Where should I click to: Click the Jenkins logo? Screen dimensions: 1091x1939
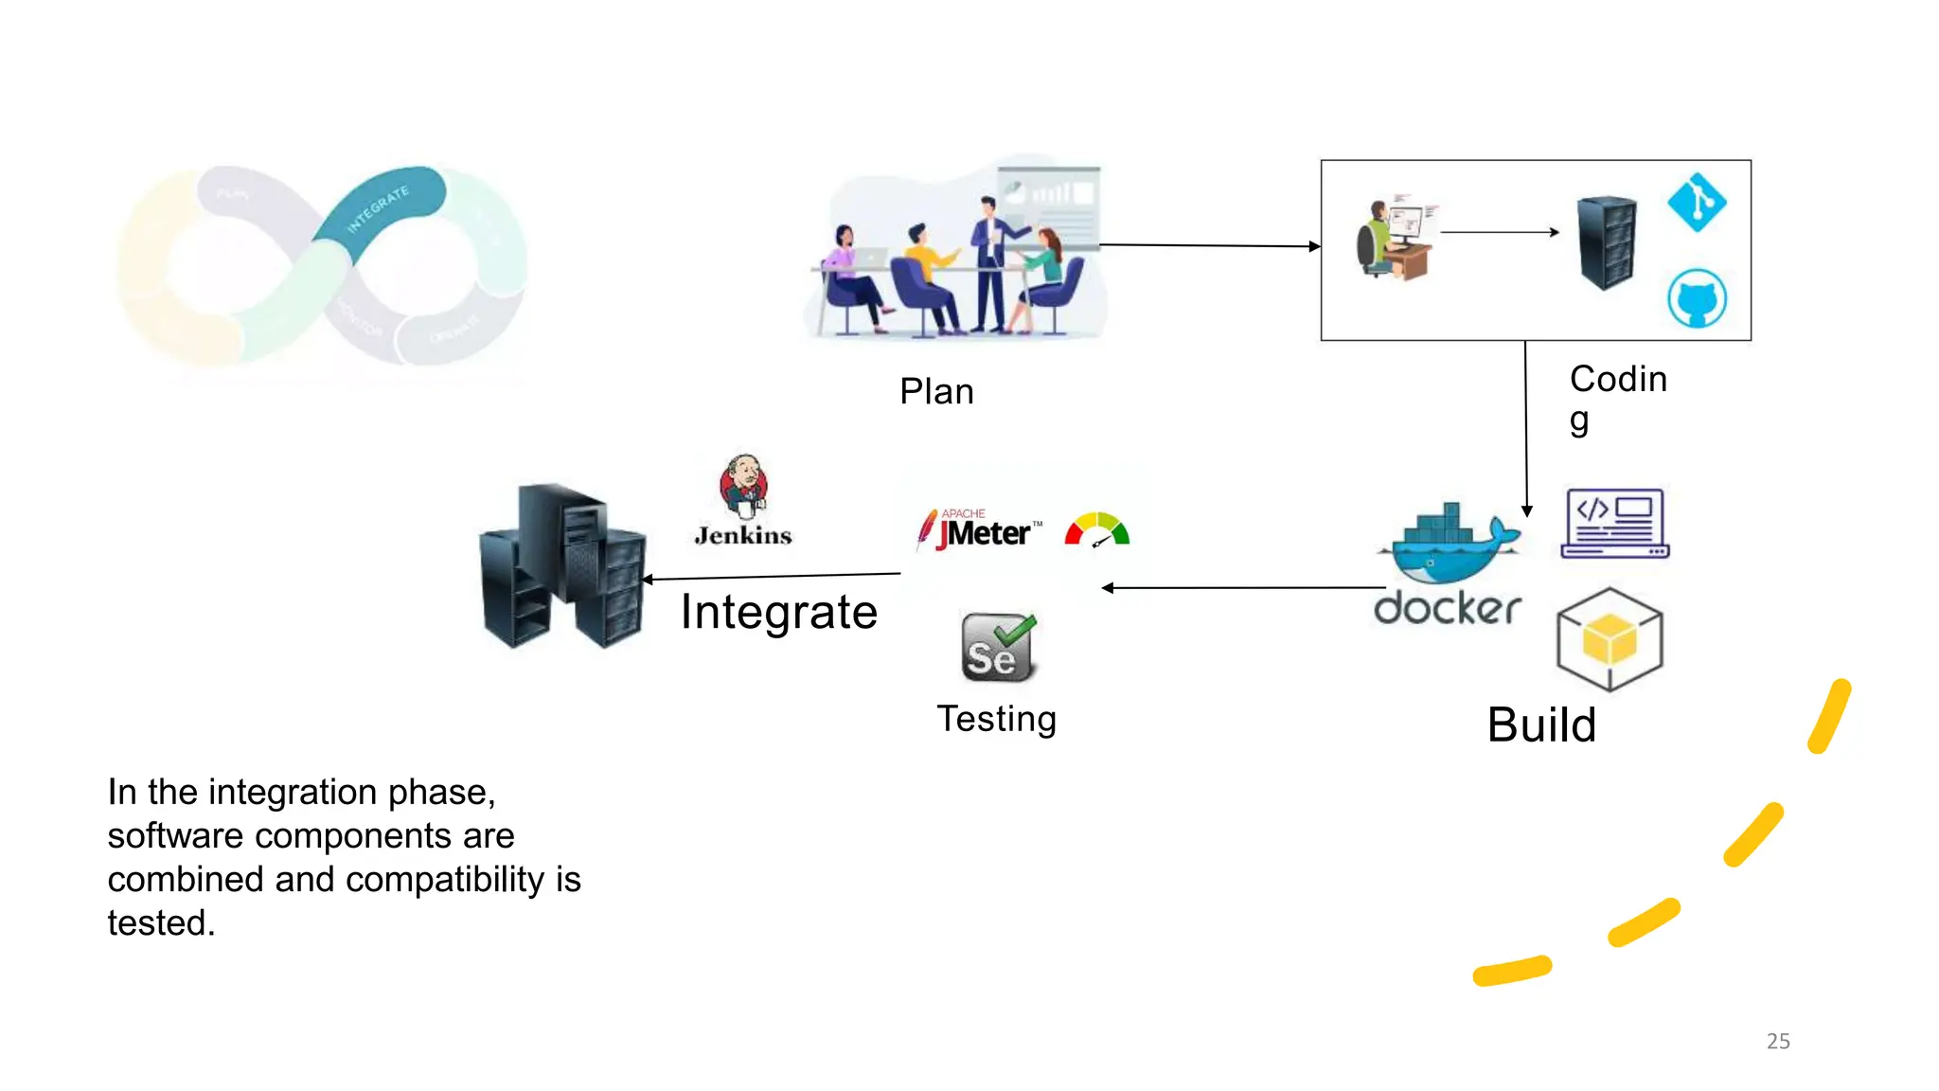pos(743,500)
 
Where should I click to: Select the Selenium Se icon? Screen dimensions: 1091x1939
pos(998,649)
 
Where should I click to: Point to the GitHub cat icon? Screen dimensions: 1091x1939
pos(1696,298)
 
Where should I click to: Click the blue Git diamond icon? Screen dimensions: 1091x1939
pos(1697,202)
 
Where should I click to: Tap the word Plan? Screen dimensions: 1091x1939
pos(936,391)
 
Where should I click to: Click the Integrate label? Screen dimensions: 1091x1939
pos(778,612)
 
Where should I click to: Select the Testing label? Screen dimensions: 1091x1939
pos(996,719)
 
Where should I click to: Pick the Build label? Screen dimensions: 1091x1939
pos(1541,725)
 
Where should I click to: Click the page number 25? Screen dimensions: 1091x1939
pos(1778,1041)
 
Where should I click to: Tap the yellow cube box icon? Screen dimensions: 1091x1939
pos(1610,639)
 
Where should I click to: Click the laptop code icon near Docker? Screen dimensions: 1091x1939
pos(1614,523)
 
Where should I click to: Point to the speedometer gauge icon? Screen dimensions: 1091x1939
pos(1097,530)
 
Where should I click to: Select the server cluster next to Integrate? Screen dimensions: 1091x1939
pos(563,566)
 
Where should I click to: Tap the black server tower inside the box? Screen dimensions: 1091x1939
pos(1606,242)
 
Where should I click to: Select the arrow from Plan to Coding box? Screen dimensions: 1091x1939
pos(1209,245)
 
